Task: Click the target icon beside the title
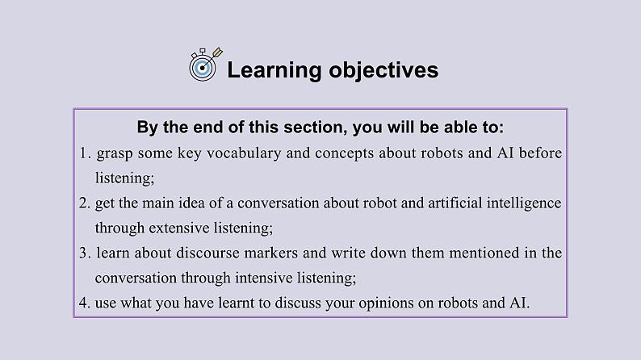(203, 66)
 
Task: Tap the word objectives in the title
(383, 70)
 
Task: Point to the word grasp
(115, 153)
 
